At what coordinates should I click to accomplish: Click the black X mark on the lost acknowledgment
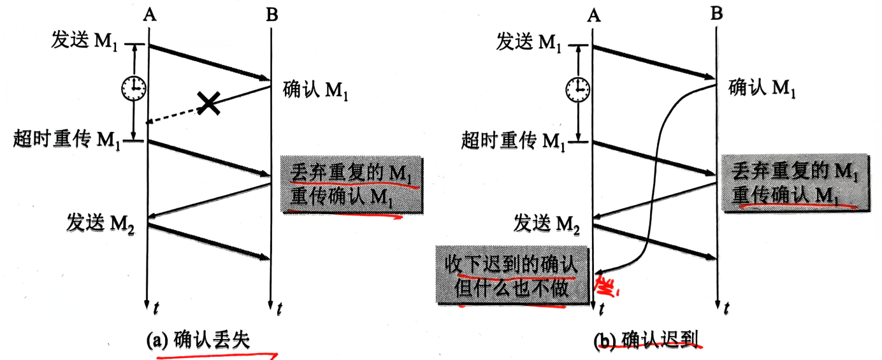point(208,103)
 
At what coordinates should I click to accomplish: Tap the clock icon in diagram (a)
point(134,89)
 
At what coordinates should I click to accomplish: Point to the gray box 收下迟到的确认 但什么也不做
point(513,277)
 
